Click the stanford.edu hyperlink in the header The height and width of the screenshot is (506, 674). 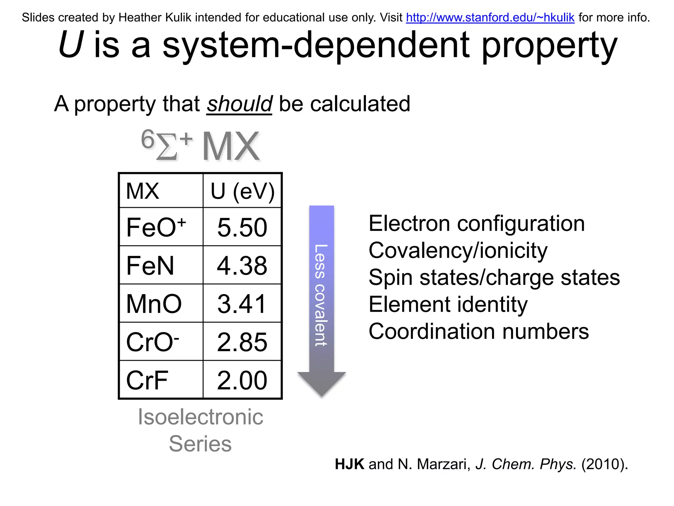click(490, 17)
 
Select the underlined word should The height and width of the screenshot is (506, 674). click(239, 104)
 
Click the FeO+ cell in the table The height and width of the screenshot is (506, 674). click(156, 227)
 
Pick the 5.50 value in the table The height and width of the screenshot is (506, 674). click(242, 227)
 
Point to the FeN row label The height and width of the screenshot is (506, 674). click(150, 266)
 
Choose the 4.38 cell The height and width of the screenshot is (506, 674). click(242, 266)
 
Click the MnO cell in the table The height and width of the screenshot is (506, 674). click(154, 304)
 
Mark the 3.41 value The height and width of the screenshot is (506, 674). click(242, 304)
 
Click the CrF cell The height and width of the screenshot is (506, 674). click(147, 380)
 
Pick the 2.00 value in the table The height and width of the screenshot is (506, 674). click(242, 380)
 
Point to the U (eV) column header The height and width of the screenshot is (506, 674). click(243, 191)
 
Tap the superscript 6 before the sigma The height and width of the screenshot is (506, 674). click(147, 139)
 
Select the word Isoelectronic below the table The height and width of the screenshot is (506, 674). click(200, 417)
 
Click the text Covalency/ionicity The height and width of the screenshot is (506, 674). click(458, 250)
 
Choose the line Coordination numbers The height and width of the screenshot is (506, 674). click(479, 331)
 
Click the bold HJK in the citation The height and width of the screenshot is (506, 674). click(350, 464)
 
